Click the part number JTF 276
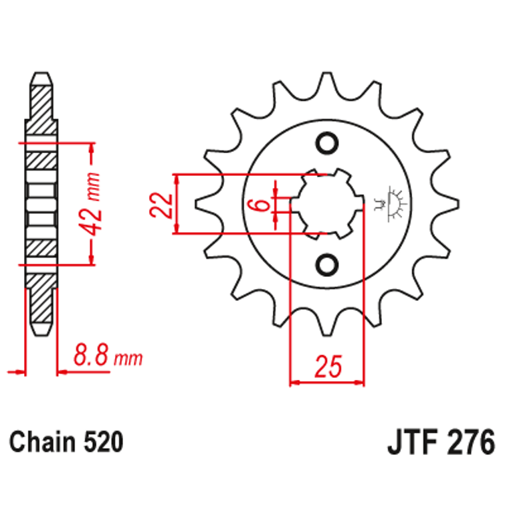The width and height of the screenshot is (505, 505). tap(441, 442)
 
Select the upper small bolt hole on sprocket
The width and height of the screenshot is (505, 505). tap(328, 143)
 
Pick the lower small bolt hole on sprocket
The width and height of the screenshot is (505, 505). tap(328, 266)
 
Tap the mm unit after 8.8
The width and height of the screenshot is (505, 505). tap(130, 359)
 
